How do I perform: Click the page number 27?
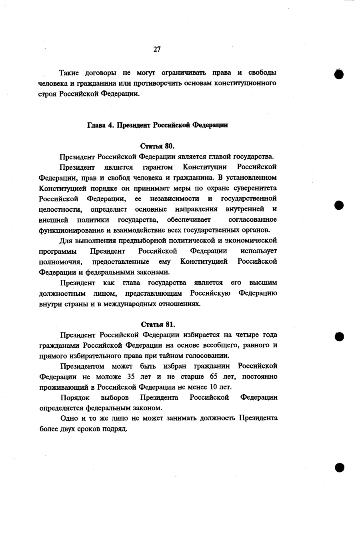[x=157, y=49]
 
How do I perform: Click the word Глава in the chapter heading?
[x=96, y=125]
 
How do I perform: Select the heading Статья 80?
[x=158, y=146]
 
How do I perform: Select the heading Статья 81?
[x=158, y=324]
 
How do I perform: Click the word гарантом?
[x=158, y=167]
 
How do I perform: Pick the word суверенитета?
[x=255, y=188]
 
